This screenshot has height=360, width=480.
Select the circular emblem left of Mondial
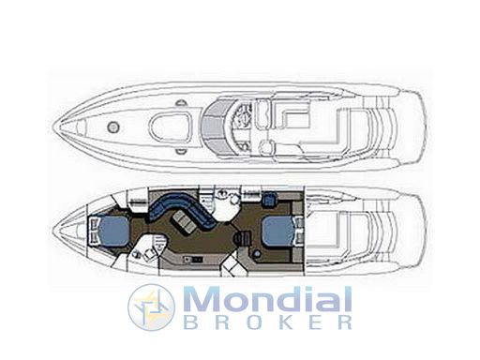click(151, 307)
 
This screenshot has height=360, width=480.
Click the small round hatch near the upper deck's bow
click(113, 127)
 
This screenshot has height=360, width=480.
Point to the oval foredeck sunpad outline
click(171, 127)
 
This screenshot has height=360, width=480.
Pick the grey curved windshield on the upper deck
click(216, 127)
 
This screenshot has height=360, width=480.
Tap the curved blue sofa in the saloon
click(182, 210)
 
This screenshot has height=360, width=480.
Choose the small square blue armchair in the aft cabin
click(270, 200)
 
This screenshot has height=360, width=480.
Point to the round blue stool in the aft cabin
click(257, 254)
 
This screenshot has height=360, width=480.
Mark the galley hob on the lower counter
click(193, 259)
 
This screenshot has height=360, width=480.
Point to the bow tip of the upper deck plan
click(53, 127)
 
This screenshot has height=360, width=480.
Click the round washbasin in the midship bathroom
click(233, 201)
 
